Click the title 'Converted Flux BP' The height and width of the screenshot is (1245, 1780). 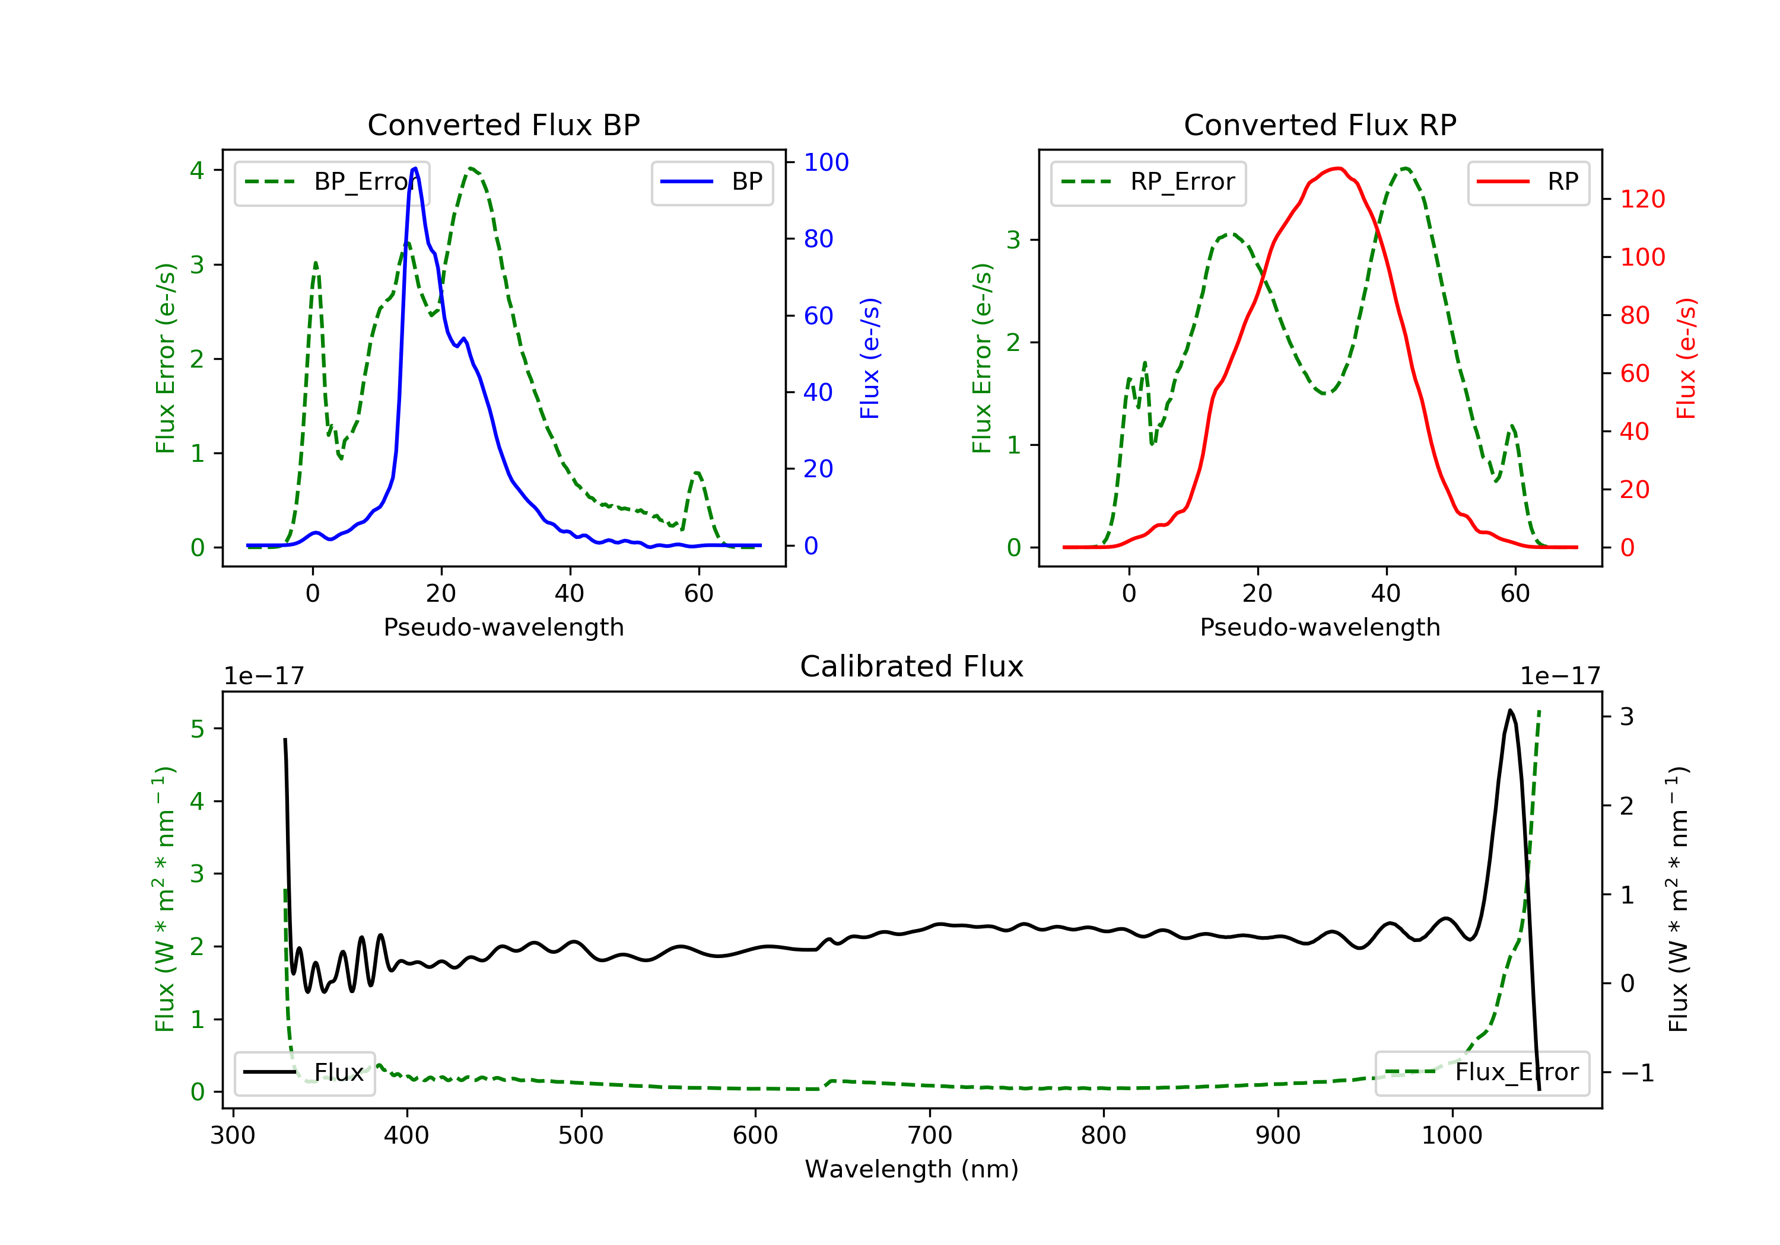pyautogui.click(x=503, y=124)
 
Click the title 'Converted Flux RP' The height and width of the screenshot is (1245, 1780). pyautogui.click(x=1320, y=124)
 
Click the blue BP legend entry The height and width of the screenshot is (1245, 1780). pyautogui.click(x=711, y=182)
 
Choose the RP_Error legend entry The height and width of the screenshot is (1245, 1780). pyautogui.click(x=1148, y=183)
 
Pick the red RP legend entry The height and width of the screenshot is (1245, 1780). pyautogui.click(x=1527, y=182)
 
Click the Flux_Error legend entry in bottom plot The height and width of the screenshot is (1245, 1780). pyautogui.click(x=1482, y=1072)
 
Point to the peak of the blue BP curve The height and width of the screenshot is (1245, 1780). pyautogui.click(x=415, y=168)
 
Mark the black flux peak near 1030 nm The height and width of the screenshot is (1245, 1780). pyautogui.click(x=1510, y=710)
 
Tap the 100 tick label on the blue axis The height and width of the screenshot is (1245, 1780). pyautogui.click(x=826, y=162)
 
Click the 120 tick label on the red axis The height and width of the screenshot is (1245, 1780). pyautogui.click(x=1643, y=199)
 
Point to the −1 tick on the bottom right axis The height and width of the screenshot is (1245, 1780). pyautogui.click(x=1636, y=1072)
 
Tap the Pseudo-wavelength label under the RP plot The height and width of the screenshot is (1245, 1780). pyautogui.click(x=1320, y=627)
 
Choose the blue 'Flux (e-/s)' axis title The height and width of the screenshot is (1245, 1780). pyautogui.click(x=870, y=359)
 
